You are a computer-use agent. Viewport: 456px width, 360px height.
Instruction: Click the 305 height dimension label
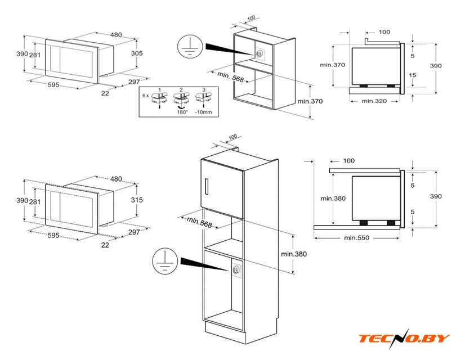(136, 53)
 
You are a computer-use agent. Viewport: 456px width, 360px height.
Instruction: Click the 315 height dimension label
(136, 200)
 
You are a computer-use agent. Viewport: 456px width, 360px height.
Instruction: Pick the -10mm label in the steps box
(204, 112)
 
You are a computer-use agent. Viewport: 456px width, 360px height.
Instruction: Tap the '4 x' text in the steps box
(146, 96)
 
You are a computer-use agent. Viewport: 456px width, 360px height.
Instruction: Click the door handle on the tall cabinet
(208, 186)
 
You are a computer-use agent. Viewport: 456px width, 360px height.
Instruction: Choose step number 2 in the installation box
(181, 90)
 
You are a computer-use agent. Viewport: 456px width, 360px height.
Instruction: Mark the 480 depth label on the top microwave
(116, 35)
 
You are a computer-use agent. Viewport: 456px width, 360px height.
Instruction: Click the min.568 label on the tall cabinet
(199, 222)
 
